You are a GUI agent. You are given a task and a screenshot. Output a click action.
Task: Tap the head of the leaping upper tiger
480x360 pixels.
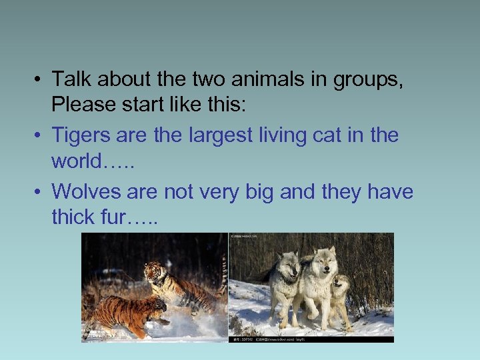click(155, 271)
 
